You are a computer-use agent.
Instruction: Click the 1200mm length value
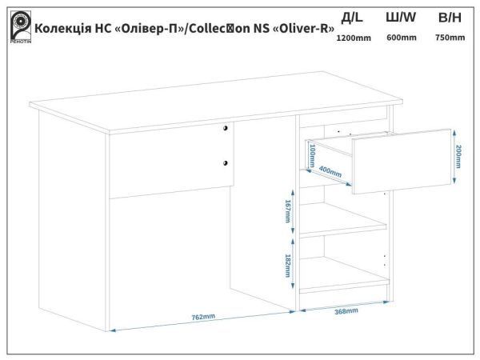352,38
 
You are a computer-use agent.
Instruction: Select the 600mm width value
401,38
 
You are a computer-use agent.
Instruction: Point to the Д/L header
352,17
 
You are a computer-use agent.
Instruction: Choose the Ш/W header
401,17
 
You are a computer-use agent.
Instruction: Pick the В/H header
449,17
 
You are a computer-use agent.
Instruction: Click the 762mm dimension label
202,317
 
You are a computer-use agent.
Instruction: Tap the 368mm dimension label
346,311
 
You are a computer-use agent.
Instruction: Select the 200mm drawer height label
458,157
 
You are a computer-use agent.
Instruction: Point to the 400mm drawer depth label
330,170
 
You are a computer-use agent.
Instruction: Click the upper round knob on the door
226,128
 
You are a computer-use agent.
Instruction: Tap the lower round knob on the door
226,162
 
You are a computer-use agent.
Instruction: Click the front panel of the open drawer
401,162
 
